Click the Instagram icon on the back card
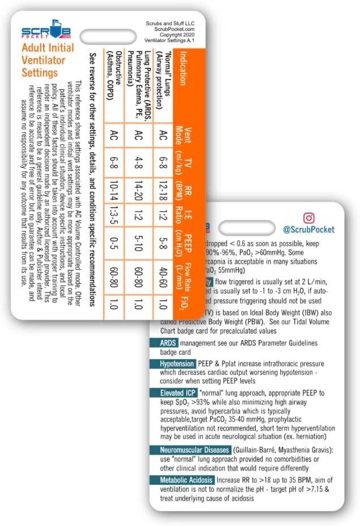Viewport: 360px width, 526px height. coord(309,218)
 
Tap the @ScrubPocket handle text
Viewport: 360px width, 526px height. coord(310,230)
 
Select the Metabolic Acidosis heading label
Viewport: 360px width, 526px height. coord(174,480)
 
